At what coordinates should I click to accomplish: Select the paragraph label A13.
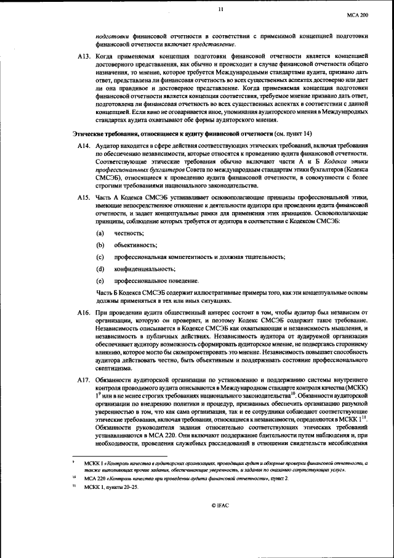[x=82, y=55]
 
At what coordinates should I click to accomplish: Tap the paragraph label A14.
[x=82, y=144]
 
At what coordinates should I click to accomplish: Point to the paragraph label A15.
[x=82, y=197]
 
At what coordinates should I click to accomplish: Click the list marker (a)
[x=100, y=232]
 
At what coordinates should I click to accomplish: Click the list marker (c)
[x=100, y=256]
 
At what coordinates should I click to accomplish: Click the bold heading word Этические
[x=90, y=133]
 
